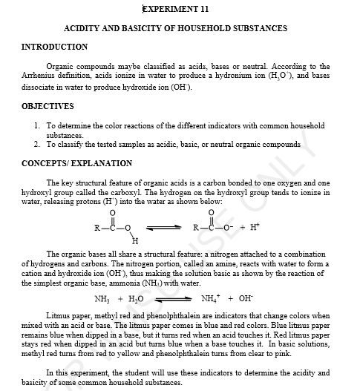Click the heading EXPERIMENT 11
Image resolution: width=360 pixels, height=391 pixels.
[x=175, y=9]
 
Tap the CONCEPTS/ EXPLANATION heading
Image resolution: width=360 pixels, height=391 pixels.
[x=77, y=163]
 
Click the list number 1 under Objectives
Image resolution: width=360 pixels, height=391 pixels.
[x=36, y=127]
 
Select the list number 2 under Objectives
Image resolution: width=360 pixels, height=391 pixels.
[x=36, y=144]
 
